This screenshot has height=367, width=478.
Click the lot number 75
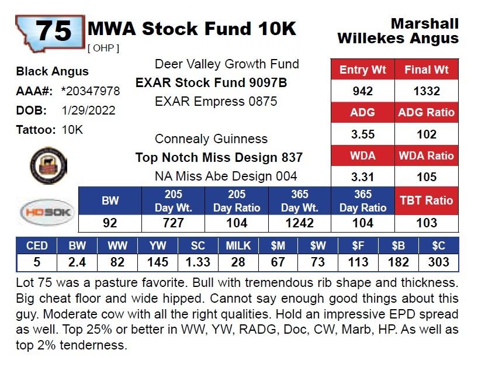point(53,30)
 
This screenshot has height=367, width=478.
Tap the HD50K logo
point(46,212)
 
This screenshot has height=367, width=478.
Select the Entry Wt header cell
point(363,70)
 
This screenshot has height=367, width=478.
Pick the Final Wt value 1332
point(427,91)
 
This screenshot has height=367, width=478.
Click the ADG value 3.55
point(363,134)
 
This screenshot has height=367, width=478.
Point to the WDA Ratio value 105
point(427,177)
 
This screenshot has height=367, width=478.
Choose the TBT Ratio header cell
point(427,200)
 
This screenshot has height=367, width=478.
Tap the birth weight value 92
point(110,223)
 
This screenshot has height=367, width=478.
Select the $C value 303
point(438,262)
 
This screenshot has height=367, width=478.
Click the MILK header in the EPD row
point(238,245)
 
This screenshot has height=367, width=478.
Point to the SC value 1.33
point(198,262)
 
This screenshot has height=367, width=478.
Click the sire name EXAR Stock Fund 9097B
point(212,83)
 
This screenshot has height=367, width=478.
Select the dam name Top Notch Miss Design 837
point(219,157)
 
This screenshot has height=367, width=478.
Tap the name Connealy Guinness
point(211,139)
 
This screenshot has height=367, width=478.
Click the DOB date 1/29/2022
point(88,110)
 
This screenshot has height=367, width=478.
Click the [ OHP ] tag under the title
point(103,48)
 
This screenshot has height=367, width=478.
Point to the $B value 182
point(398,262)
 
